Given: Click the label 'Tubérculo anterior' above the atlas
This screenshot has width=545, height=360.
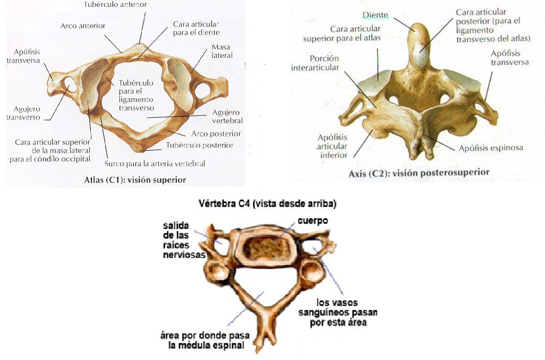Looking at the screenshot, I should point(115,4).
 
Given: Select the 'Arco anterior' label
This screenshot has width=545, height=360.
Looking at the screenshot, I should point(83,25).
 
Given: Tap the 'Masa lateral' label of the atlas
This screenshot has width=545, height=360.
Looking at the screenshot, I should point(222,51).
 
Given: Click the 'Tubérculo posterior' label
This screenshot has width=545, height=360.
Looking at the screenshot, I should point(199,145).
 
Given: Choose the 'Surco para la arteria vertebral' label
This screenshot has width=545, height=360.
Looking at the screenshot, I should point(155,164).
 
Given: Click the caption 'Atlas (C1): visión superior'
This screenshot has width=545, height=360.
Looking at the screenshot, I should point(135,180).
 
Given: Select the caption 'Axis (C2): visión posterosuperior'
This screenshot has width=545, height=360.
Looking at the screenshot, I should point(419,173).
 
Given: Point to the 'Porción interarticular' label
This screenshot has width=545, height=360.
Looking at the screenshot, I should point(315,62).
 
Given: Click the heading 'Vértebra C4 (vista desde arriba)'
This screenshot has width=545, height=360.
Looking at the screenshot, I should point(266,203).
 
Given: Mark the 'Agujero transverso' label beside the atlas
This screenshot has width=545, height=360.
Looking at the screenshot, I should point(23,113).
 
